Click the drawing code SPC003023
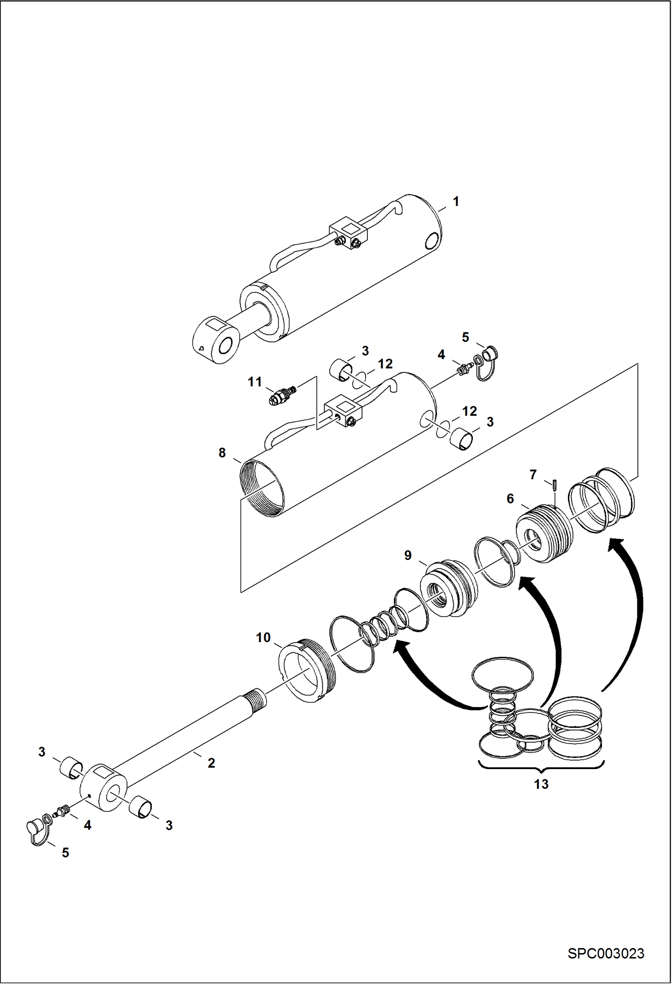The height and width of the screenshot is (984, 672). pos(606,953)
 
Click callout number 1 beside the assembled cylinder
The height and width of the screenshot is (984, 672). pos(456,201)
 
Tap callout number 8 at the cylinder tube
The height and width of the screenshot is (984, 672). pos(222,453)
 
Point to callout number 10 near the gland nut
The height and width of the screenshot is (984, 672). pos(263,637)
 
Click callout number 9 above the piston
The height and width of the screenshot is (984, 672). pos(408,555)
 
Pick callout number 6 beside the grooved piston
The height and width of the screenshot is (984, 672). pos(510,499)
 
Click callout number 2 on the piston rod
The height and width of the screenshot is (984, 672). pos(211,763)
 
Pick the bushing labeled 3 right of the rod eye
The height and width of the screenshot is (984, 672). pos(141,809)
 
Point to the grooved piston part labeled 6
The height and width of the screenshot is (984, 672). pos(545,534)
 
